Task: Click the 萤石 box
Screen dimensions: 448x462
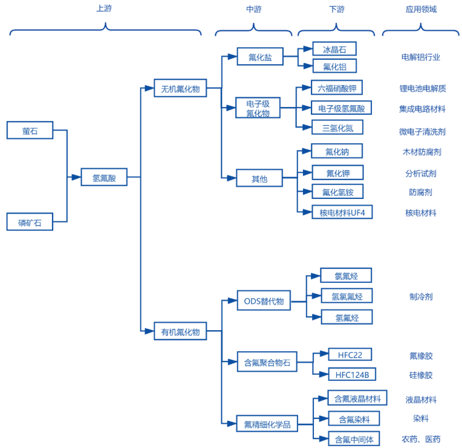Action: point(30,130)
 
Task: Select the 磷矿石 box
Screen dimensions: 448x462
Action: point(30,222)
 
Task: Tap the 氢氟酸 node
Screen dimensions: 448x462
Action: point(104,178)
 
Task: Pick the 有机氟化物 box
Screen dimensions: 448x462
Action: point(180,331)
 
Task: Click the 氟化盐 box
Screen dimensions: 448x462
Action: point(259,57)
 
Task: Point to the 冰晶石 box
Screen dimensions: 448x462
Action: point(334,49)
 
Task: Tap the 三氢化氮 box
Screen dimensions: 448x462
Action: point(337,127)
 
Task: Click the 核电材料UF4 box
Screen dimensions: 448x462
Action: point(342,212)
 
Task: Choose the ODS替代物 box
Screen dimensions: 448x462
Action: point(263,300)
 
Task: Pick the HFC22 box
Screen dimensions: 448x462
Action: point(350,354)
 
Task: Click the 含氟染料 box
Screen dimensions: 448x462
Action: point(353,418)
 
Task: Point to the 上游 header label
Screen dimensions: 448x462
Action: point(104,9)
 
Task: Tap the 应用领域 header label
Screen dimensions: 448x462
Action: point(421,9)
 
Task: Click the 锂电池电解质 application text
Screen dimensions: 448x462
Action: point(422,88)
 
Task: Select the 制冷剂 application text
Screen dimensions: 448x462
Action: point(421,297)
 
